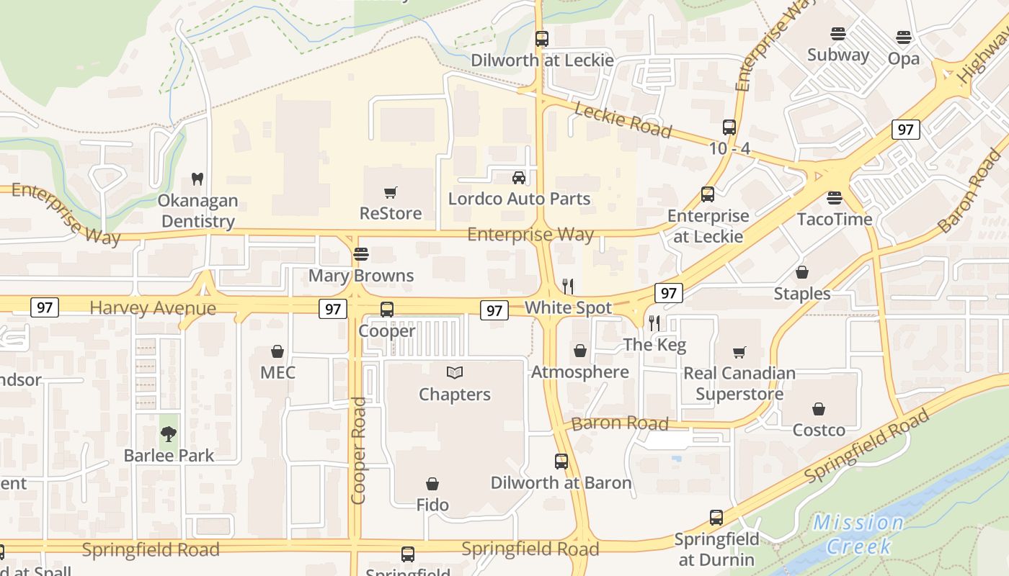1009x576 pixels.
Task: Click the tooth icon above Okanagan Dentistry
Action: (x=197, y=178)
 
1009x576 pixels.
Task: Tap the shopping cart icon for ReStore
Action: (x=391, y=192)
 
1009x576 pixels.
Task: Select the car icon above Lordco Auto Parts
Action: (x=518, y=177)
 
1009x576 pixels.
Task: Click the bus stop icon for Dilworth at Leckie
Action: (x=541, y=39)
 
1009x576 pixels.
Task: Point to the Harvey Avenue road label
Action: (x=153, y=308)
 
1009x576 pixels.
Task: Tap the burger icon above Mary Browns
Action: (x=360, y=254)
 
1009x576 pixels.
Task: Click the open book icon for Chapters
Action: (x=454, y=372)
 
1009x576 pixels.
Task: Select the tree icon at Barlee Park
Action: (x=169, y=434)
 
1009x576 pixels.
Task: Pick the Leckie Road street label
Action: (x=623, y=120)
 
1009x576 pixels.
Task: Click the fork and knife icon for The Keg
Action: (x=654, y=323)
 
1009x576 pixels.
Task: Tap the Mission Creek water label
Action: (x=858, y=534)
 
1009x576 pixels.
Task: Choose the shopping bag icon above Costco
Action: (x=819, y=409)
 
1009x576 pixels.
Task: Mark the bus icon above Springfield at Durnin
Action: (x=716, y=517)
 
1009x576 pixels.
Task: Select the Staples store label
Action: (x=801, y=294)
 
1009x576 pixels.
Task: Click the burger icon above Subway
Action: (x=837, y=34)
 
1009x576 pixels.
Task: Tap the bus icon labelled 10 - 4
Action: (x=729, y=127)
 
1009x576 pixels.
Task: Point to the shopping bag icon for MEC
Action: (x=277, y=351)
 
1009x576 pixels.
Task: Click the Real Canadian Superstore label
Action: (x=739, y=384)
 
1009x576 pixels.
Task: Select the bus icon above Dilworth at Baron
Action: (x=561, y=462)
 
